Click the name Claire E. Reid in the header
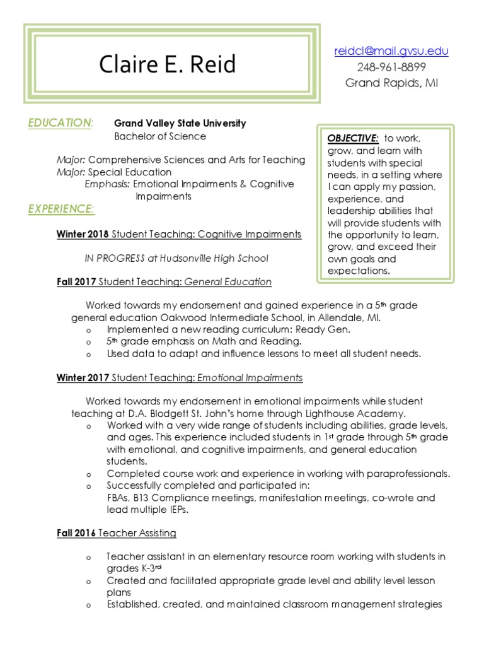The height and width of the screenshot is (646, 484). coord(168,64)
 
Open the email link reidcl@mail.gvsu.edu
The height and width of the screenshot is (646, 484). coord(391,51)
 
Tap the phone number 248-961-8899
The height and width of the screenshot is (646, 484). coord(391,67)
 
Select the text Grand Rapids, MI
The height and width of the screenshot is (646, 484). coord(391,83)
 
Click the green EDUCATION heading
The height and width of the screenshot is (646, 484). coord(60,123)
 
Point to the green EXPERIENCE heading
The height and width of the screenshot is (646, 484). coord(62,208)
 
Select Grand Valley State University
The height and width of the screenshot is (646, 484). coord(180,124)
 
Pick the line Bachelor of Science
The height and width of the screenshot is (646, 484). coord(159,136)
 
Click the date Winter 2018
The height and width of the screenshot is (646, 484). coord(83,234)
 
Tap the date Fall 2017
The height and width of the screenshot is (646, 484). coord(76,282)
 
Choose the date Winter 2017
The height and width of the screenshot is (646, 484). coord(83,378)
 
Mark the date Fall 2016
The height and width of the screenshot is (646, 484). coord(76,533)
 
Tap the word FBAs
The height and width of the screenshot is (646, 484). coord(120,498)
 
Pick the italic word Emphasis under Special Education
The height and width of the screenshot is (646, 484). coord(107,184)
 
